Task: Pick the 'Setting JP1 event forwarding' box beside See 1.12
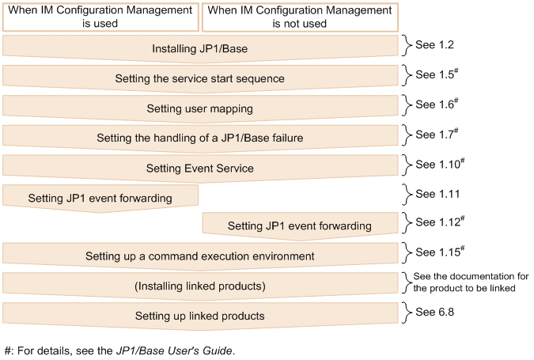pos(300,225)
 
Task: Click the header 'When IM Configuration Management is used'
pos(100,17)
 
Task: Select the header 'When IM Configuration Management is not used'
pos(300,17)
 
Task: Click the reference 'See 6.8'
pos(433,313)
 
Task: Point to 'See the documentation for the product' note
pos(470,282)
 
